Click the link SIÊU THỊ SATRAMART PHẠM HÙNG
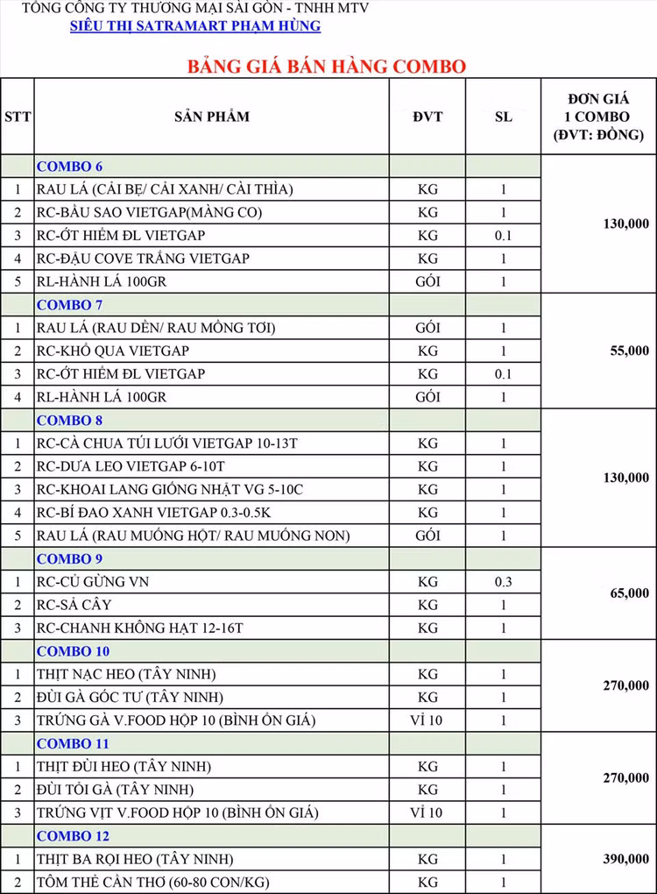click(x=195, y=26)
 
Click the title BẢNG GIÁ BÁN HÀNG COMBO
click(x=326, y=67)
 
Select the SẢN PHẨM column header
click(x=211, y=117)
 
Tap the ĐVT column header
click(x=427, y=117)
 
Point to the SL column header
click(x=504, y=117)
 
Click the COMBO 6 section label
click(x=70, y=167)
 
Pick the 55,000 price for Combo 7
click(x=629, y=351)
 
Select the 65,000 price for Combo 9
click(x=629, y=593)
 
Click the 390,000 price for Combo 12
click(x=625, y=859)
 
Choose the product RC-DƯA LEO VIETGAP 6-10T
click(x=131, y=466)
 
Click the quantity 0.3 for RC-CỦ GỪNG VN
click(x=504, y=582)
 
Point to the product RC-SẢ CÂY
click(x=74, y=605)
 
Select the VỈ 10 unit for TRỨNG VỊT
click(x=427, y=812)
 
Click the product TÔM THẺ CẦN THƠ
click(x=153, y=882)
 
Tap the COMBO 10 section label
click(x=74, y=651)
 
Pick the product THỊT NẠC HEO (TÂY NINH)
click(x=126, y=674)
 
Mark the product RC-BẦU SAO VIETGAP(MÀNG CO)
click(x=149, y=212)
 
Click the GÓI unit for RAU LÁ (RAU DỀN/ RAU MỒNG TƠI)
click(x=427, y=328)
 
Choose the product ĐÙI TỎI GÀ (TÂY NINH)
click(x=115, y=790)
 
